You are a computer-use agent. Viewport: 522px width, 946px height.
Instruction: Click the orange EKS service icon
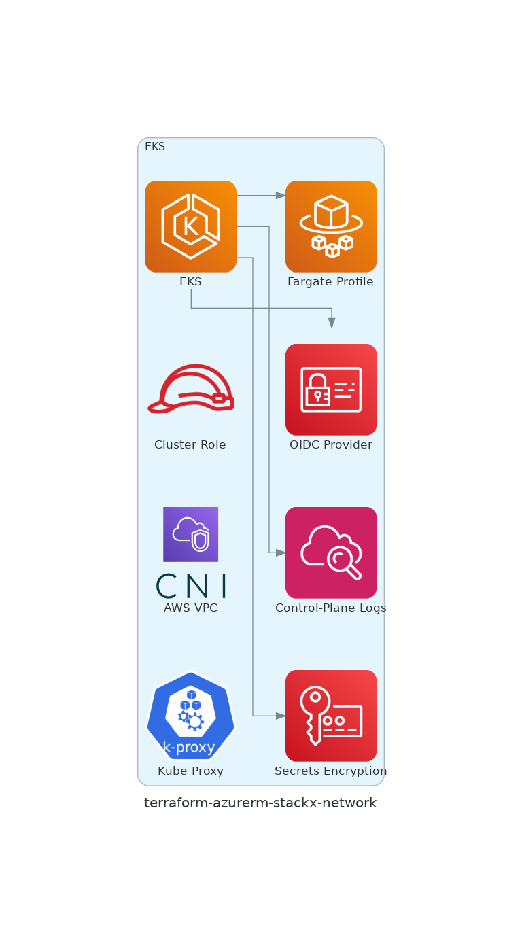[x=190, y=226]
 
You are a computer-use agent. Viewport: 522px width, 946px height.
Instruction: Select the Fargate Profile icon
[x=331, y=226]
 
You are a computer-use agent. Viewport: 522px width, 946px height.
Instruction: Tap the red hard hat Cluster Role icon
[x=190, y=389]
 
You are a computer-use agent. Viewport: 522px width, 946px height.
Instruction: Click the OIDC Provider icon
[x=331, y=389]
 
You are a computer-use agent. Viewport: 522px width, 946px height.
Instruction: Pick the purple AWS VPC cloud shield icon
[x=190, y=534]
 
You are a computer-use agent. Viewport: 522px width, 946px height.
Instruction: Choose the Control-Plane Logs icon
[x=331, y=553]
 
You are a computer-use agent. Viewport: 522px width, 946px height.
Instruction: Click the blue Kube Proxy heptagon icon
[x=190, y=715]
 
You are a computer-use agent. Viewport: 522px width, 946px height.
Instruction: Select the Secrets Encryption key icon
[x=331, y=716]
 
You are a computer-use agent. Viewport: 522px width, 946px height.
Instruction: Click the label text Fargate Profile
[x=330, y=282]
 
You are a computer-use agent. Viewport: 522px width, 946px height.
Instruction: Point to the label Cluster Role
[x=190, y=445]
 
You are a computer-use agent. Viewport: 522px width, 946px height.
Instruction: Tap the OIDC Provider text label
[x=331, y=445]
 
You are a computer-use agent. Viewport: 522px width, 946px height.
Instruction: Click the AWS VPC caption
[x=190, y=608]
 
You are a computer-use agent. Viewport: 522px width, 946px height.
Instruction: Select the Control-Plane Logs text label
[x=331, y=608]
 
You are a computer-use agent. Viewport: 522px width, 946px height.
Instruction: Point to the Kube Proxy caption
[x=190, y=771]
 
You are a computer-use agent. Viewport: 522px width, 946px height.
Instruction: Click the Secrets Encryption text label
[x=331, y=771]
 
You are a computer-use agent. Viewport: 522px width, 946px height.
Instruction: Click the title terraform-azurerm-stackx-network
[x=260, y=803]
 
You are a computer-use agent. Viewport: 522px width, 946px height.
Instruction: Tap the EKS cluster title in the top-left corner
[x=155, y=147]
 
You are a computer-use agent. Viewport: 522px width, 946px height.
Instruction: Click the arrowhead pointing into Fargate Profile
[x=281, y=196]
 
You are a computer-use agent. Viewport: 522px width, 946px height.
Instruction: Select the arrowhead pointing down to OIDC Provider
[x=332, y=323]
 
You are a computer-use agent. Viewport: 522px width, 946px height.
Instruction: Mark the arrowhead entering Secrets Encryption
[x=281, y=716]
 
